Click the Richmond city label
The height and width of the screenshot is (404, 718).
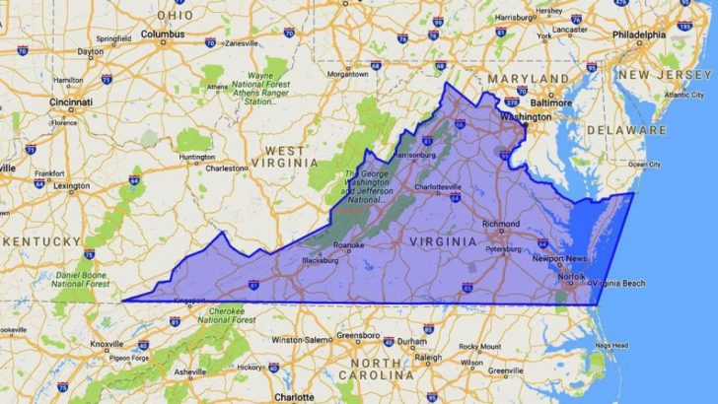point(502,223)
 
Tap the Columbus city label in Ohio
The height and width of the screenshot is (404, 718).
point(163,34)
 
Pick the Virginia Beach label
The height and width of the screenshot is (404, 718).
point(618,284)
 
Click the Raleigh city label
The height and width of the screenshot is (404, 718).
point(428,357)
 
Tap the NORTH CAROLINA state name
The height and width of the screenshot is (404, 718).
point(382,370)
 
